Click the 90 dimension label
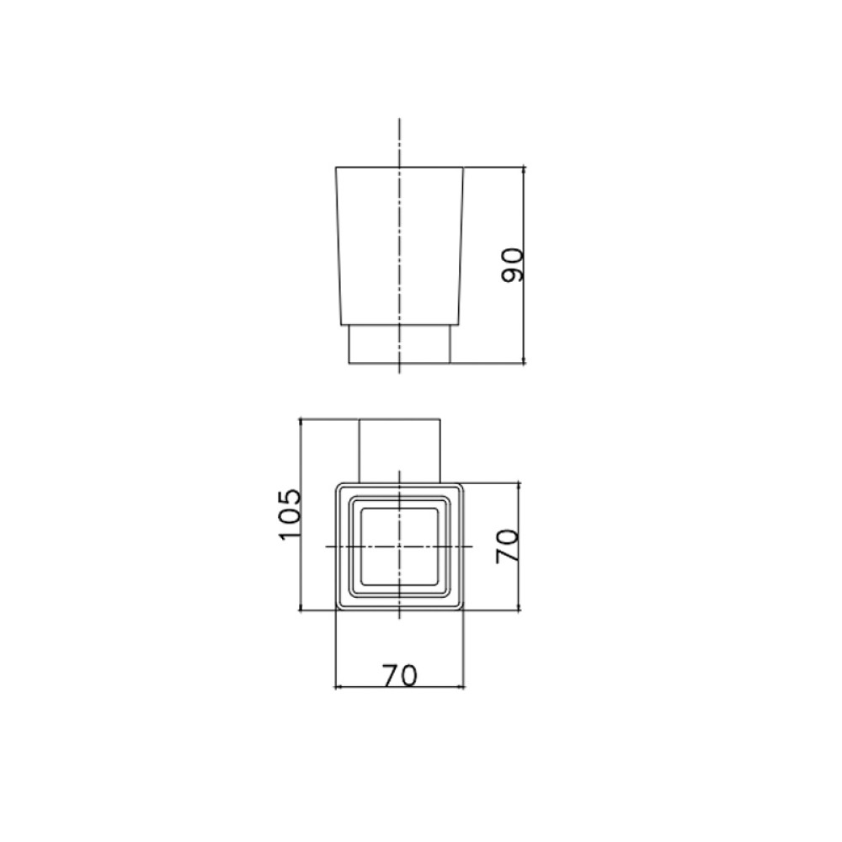coord(512,264)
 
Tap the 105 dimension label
coord(290,514)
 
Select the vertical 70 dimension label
coord(508,546)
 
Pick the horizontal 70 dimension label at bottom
coord(399,675)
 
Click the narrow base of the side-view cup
coord(399,344)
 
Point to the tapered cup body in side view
coord(399,246)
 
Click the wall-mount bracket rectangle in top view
coord(399,451)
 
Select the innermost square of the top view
coord(399,546)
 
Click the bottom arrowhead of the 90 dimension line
coord(524,361)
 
